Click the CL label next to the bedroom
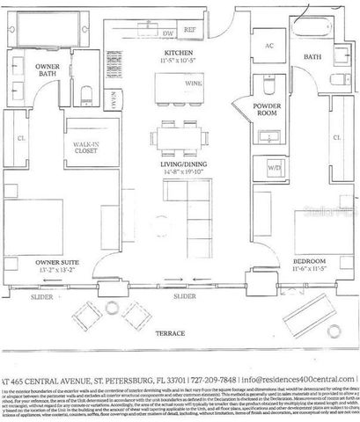(337, 137)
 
